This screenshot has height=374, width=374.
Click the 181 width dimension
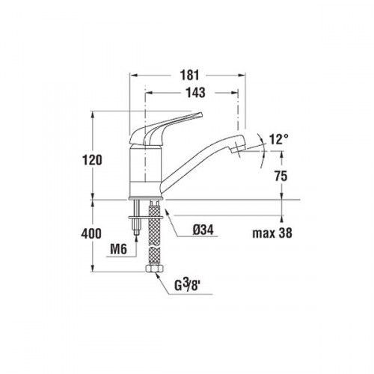(x=190, y=75)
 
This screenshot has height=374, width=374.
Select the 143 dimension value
(x=196, y=93)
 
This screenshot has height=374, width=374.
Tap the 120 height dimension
(x=92, y=160)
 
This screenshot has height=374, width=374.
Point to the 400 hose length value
(x=91, y=233)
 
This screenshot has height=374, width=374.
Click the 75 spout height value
(x=281, y=176)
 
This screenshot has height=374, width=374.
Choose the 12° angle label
(x=278, y=139)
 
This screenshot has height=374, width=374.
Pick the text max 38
(x=272, y=233)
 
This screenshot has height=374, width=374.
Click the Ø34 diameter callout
(x=203, y=230)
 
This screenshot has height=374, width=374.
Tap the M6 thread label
(x=119, y=249)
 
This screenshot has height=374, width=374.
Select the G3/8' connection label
(x=188, y=286)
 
